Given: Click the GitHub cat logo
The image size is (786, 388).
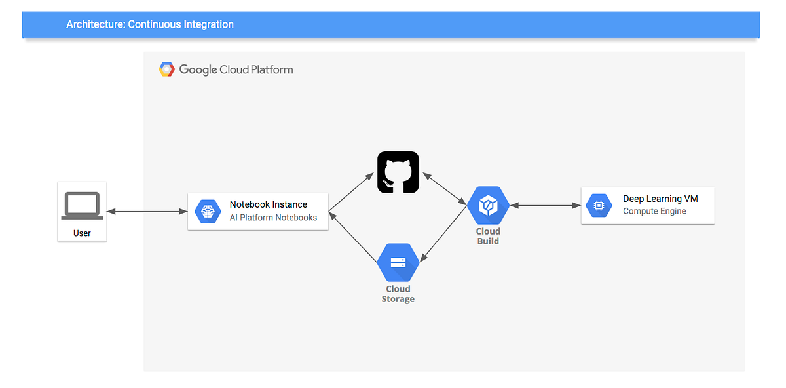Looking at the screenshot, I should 398,172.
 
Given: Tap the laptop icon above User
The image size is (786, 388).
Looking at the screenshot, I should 82,206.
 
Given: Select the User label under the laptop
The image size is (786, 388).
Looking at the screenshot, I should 82,233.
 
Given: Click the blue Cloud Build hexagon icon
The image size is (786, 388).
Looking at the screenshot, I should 488,206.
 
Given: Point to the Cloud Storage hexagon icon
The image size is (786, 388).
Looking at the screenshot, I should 398,263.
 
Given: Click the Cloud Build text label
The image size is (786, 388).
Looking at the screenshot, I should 488,236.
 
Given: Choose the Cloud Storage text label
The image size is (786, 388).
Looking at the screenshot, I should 398,294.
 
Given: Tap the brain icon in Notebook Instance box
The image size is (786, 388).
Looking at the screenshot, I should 208,211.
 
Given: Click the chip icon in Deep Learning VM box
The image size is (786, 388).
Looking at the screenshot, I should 598,205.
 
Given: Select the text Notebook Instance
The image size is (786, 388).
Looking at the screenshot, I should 268,204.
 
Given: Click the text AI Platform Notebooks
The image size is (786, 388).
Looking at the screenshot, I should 273,218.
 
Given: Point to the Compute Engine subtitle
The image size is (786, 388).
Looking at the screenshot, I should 654,211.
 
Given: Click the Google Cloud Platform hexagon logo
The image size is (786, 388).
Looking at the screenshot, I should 166,69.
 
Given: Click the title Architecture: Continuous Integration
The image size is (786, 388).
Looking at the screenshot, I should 150,24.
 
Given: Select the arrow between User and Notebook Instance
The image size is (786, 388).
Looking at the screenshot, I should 147,211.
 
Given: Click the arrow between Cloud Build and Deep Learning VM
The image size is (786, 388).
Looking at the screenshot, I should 545,206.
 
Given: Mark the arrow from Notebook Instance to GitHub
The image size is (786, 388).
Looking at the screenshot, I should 352,192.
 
